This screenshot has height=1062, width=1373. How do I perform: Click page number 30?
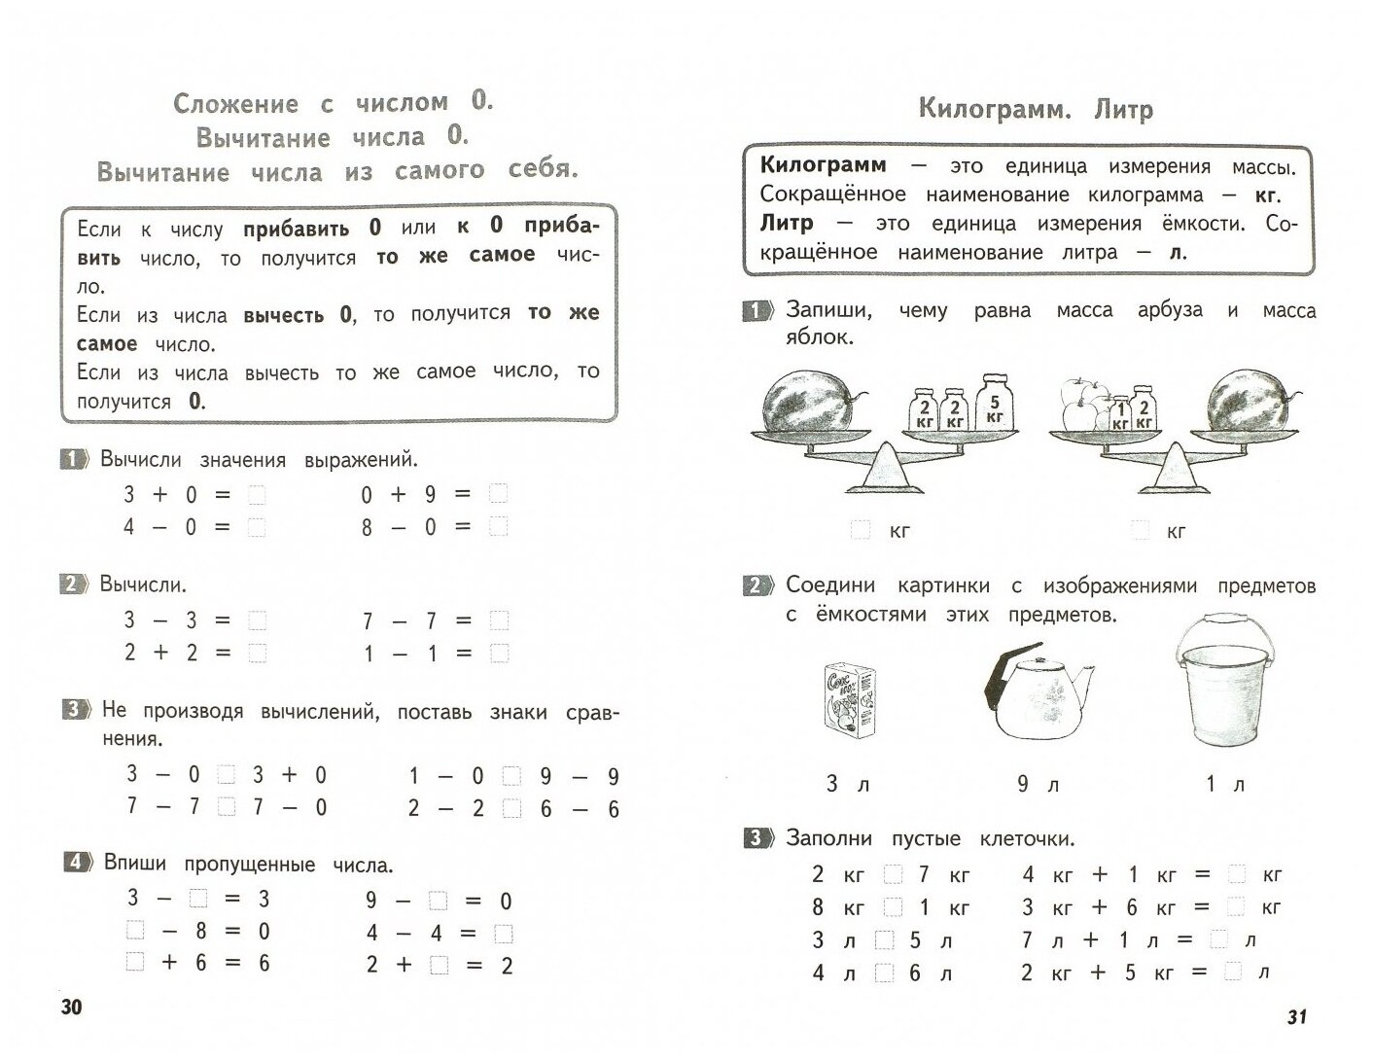[72, 1007]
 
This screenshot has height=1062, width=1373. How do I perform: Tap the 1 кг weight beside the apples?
[1119, 415]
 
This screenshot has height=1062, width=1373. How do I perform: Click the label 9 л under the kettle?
[1038, 784]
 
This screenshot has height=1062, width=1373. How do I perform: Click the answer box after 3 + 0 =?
[257, 495]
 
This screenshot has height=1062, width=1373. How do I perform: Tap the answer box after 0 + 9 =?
[498, 494]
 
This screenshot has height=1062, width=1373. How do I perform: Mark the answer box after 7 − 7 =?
[499, 620]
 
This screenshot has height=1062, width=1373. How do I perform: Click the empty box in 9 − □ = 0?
[438, 901]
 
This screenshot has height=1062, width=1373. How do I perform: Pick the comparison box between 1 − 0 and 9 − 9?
[511, 777]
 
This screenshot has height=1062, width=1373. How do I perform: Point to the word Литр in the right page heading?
[1124, 109]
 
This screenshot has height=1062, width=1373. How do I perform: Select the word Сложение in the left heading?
[234, 103]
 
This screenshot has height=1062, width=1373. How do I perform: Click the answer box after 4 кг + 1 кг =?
[1236, 874]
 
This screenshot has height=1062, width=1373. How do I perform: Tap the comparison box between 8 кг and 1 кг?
[893, 907]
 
